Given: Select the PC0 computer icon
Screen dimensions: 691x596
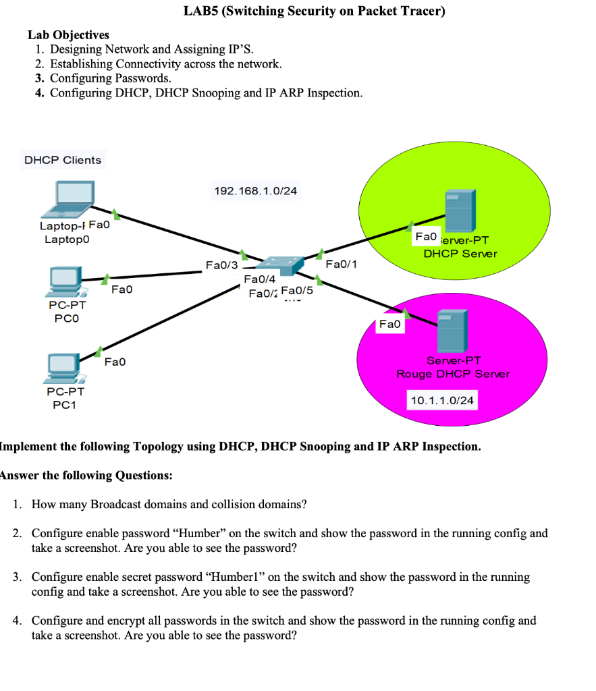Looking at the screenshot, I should coord(66,281).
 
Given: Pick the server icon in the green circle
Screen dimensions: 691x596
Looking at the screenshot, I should coord(459,211).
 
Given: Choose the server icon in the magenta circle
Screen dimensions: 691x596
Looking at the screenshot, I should coord(452,331).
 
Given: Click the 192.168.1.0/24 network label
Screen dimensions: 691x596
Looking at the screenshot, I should coord(255,191).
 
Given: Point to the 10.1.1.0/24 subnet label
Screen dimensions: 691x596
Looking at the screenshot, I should coord(442,401).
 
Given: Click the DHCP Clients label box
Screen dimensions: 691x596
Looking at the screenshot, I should coord(63,160).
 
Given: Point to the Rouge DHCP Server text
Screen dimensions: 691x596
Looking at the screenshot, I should coord(453,374).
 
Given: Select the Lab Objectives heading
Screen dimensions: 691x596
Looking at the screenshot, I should coord(68,34).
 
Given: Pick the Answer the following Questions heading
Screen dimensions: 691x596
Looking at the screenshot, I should coord(86,475).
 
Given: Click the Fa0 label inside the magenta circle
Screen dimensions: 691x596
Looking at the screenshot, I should coord(390,325).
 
